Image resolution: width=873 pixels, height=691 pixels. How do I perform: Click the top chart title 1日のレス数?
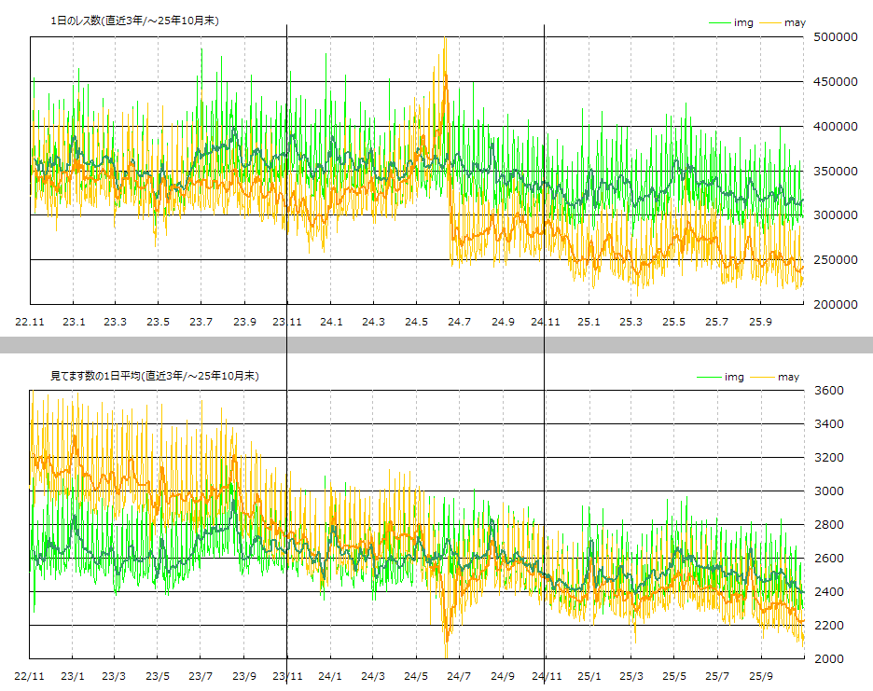[134, 21]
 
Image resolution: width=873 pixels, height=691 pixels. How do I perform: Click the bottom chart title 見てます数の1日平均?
[154, 376]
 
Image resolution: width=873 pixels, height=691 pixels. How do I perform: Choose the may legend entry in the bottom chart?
[788, 377]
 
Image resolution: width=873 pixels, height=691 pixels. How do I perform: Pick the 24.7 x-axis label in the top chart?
[459, 322]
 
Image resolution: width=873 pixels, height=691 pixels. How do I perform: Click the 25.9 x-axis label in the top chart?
[761, 322]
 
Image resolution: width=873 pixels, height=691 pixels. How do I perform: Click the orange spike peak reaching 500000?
[445, 39]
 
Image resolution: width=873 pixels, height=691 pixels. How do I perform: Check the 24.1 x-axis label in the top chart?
[331, 322]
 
